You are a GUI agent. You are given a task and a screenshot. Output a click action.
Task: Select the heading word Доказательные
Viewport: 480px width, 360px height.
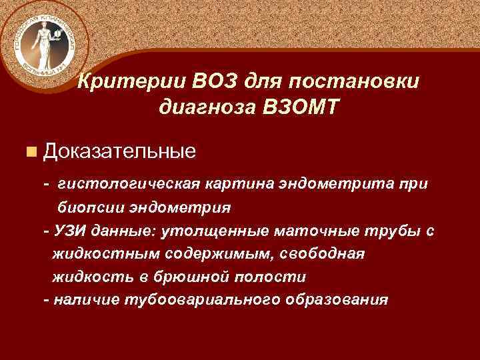click(119, 151)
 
